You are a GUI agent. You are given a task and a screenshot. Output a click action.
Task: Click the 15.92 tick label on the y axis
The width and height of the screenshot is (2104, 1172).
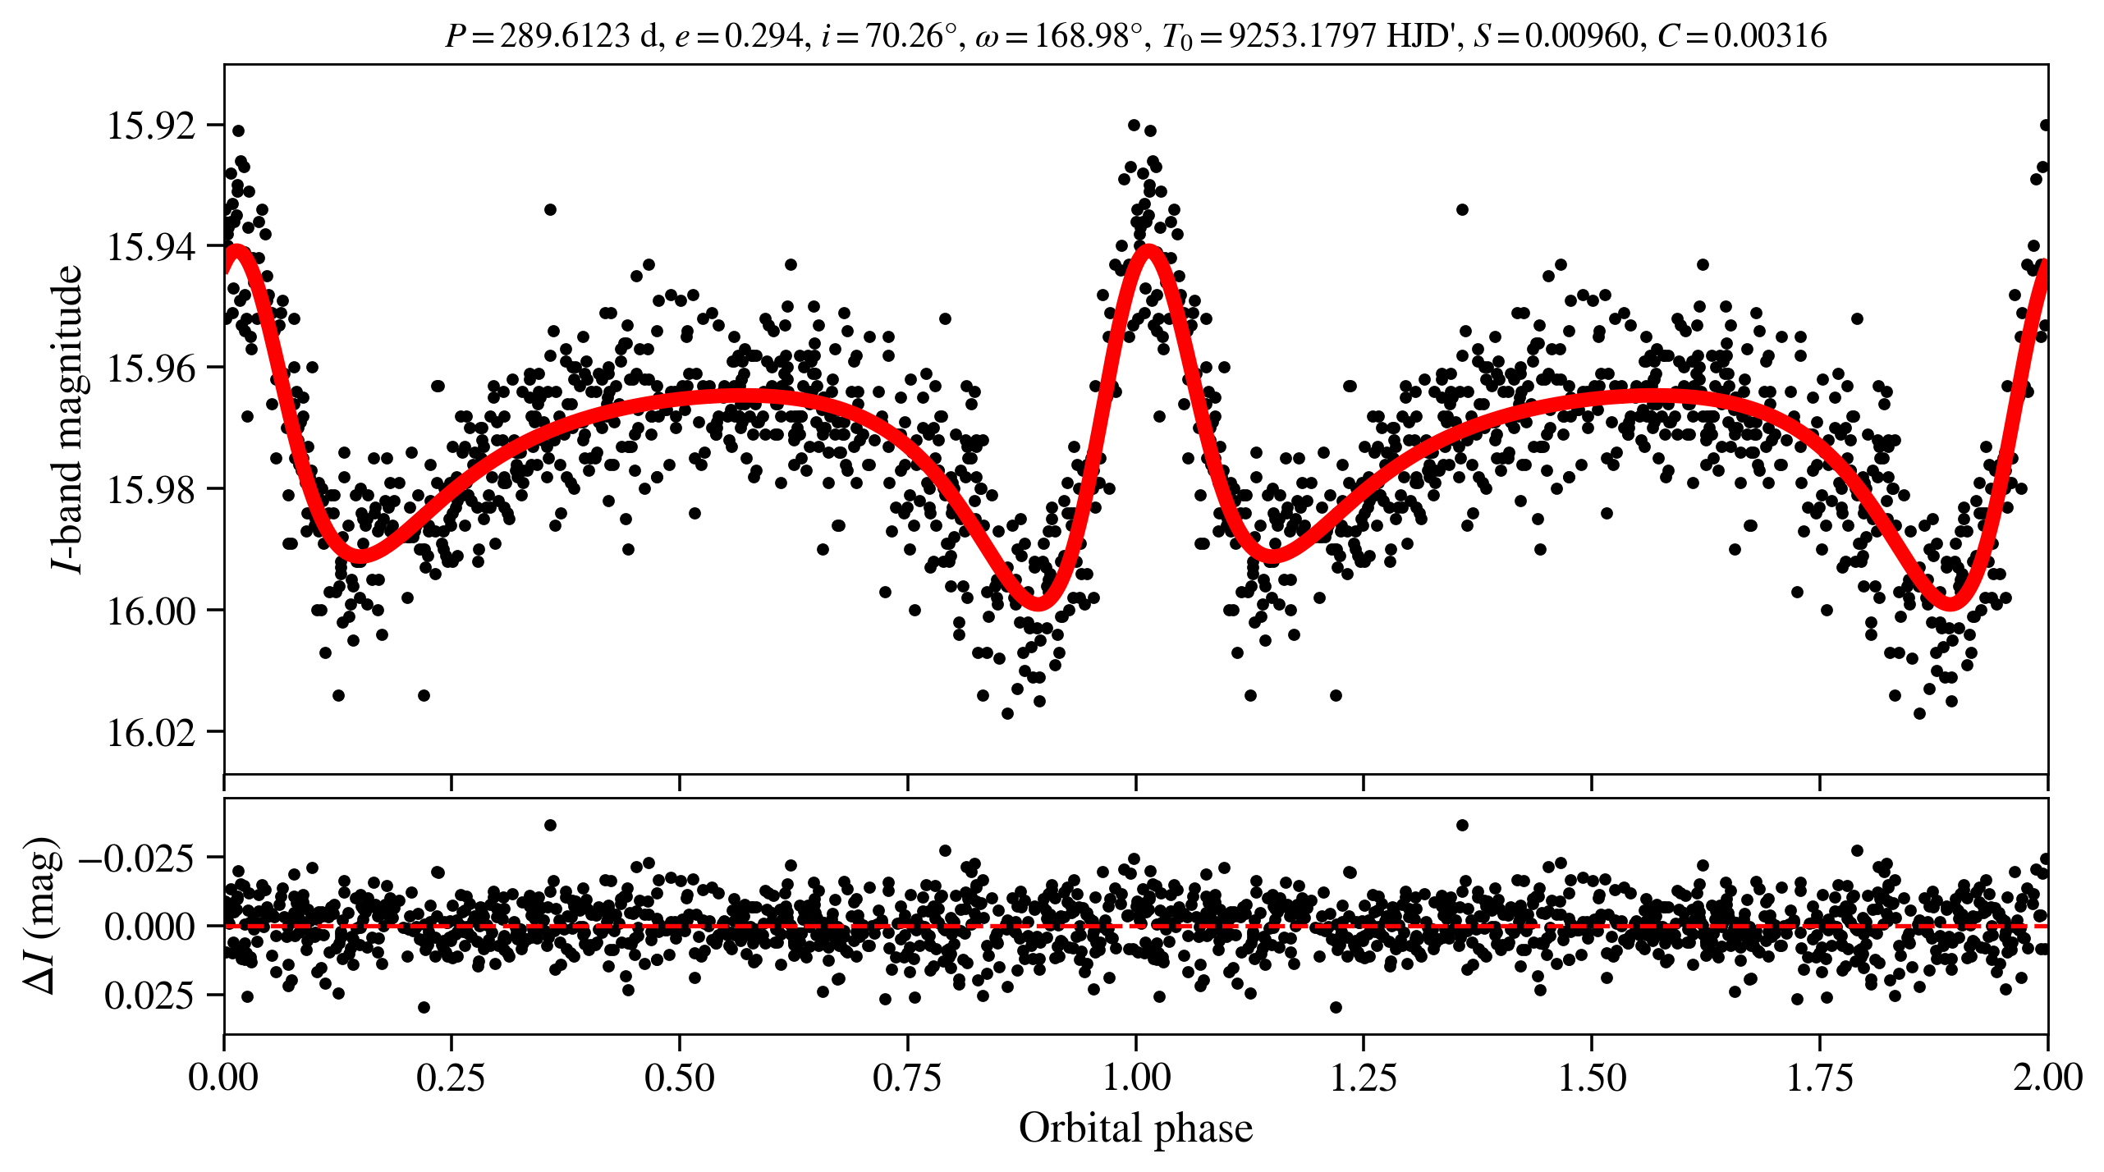[x=151, y=126]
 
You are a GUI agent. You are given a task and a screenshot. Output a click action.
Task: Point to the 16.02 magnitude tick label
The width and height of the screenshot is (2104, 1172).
[x=151, y=731]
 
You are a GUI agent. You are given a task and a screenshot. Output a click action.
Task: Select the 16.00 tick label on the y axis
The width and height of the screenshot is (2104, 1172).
[x=151, y=611]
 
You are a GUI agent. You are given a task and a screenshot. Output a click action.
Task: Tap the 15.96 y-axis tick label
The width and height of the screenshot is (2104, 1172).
[x=151, y=368]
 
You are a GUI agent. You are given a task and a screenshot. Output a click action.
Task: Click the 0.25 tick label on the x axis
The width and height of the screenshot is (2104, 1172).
[x=451, y=1077]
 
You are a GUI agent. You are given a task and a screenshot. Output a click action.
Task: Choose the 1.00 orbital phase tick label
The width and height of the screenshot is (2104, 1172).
[x=1135, y=1077]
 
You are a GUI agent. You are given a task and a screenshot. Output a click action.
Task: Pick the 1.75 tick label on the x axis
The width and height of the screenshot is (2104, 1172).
[x=1819, y=1077]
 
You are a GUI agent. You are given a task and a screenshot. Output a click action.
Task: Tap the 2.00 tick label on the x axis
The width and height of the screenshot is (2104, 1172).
[x=2047, y=1077]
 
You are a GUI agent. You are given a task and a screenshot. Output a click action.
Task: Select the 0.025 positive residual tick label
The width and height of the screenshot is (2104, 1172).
[x=149, y=996]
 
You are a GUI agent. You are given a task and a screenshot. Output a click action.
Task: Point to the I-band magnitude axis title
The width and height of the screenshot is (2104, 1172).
[x=67, y=419]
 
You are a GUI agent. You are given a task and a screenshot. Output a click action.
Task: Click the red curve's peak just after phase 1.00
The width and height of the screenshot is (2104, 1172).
[x=1148, y=250]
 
